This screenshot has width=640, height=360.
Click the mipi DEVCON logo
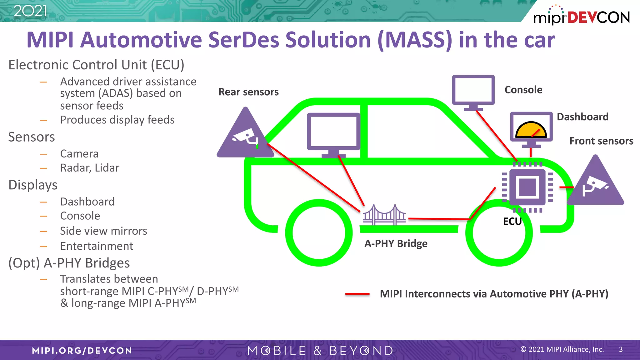click(x=581, y=16)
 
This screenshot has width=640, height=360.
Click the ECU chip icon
click(x=527, y=187)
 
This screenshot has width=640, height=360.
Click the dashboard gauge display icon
click(x=531, y=129)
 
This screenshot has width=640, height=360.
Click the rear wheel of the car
click(x=319, y=233)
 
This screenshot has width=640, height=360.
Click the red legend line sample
click(x=357, y=294)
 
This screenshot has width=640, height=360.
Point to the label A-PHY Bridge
click(x=396, y=243)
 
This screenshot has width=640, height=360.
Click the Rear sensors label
click(x=248, y=92)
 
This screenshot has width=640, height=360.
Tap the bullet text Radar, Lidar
click(x=90, y=168)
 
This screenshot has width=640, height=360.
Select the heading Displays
click(x=33, y=185)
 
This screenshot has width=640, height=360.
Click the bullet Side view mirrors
click(x=103, y=231)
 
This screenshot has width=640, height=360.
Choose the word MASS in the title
click(x=415, y=40)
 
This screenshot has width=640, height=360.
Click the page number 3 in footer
click(x=621, y=349)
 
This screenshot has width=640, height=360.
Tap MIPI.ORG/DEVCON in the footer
click(x=82, y=351)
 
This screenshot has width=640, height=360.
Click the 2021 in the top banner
click(x=30, y=11)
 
